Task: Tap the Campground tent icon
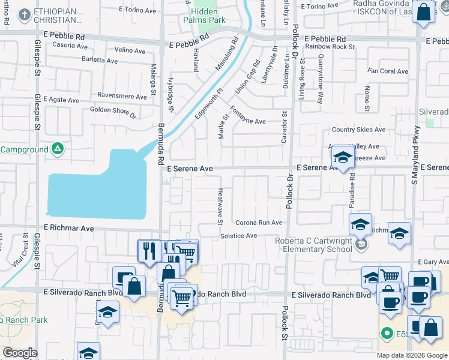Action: tap(57, 148)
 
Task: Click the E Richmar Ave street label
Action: tap(69, 229)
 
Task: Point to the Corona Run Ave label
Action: tap(259, 223)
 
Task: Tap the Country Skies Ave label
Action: tap(358, 130)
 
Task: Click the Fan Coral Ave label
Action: tap(388, 71)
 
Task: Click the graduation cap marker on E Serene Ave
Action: tap(342, 158)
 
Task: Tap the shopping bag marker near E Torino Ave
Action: tap(423, 13)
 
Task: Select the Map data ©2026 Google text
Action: tap(412, 355)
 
